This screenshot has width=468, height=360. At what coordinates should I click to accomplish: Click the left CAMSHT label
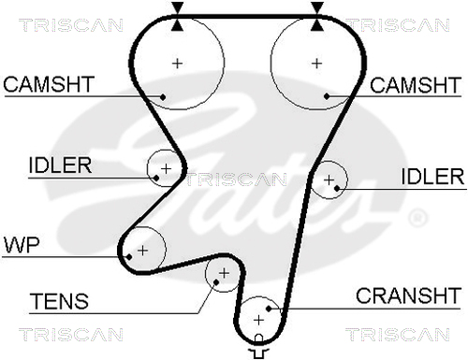click(49, 84)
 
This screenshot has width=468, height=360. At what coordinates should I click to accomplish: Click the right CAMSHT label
click(416, 85)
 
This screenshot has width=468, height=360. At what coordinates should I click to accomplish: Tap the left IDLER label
click(60, 166)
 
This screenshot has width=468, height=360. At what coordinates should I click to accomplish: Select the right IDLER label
click(432, 177)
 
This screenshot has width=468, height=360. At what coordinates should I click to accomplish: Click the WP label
click(22, 245)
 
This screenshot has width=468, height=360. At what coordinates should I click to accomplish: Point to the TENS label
click(59, 301)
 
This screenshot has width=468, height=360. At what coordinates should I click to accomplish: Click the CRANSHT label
click(408, 295)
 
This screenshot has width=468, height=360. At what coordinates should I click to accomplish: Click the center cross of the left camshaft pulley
click(177, 64)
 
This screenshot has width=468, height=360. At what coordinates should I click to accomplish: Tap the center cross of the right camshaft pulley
click(316, 64)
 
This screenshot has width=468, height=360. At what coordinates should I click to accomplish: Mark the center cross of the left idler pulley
click(166, 169)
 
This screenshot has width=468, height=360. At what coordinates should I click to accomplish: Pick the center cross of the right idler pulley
click(329, 180)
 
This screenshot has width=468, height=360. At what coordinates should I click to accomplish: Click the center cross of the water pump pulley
click(142, 251)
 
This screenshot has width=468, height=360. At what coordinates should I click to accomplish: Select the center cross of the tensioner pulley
click(224, 273)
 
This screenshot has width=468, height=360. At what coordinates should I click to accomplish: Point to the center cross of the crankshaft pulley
click(258, 320)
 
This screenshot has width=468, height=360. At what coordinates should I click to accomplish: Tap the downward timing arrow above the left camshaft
click(177, 7)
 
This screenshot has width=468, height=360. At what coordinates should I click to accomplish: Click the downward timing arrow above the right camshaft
click(317, 7)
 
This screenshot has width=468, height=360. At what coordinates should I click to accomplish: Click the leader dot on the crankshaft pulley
click(269, 309)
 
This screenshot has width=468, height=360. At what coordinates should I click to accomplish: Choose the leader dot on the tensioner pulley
click(216, 282)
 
